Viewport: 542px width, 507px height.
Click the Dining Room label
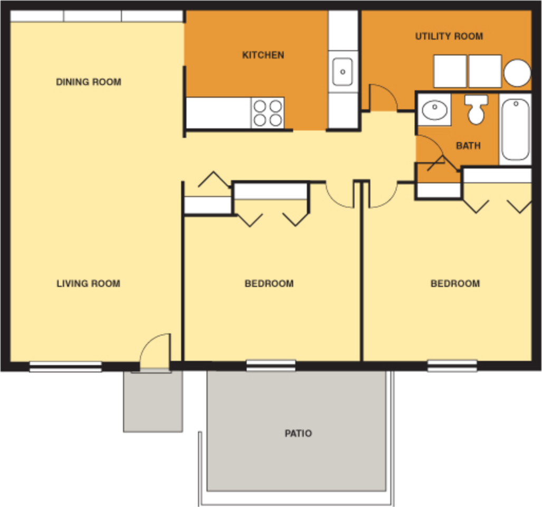coord(89,82)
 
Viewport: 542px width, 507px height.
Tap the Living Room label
coord(88,284)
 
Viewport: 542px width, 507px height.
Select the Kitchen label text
coord(263,55)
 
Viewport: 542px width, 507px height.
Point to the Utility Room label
coord(449,36)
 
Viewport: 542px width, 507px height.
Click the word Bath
coord(468,145)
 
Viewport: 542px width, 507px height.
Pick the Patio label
coord(298,434)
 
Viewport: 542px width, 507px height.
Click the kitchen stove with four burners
coord(268,113)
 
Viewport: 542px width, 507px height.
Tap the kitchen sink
coord(343,71)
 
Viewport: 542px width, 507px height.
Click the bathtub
coord(515,129)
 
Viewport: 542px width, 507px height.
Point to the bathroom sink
coord(435,110)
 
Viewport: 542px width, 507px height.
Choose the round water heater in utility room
coord(517,73)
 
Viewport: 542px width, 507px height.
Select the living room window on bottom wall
coord(65,366)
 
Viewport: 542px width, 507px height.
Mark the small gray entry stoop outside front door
coord(153,401)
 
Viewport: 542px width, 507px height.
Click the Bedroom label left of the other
coord(269,284)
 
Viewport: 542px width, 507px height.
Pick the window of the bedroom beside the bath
coord(452,365)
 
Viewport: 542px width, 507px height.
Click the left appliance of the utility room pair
coord(450,71)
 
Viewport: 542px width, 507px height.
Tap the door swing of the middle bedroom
coord(339,194)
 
